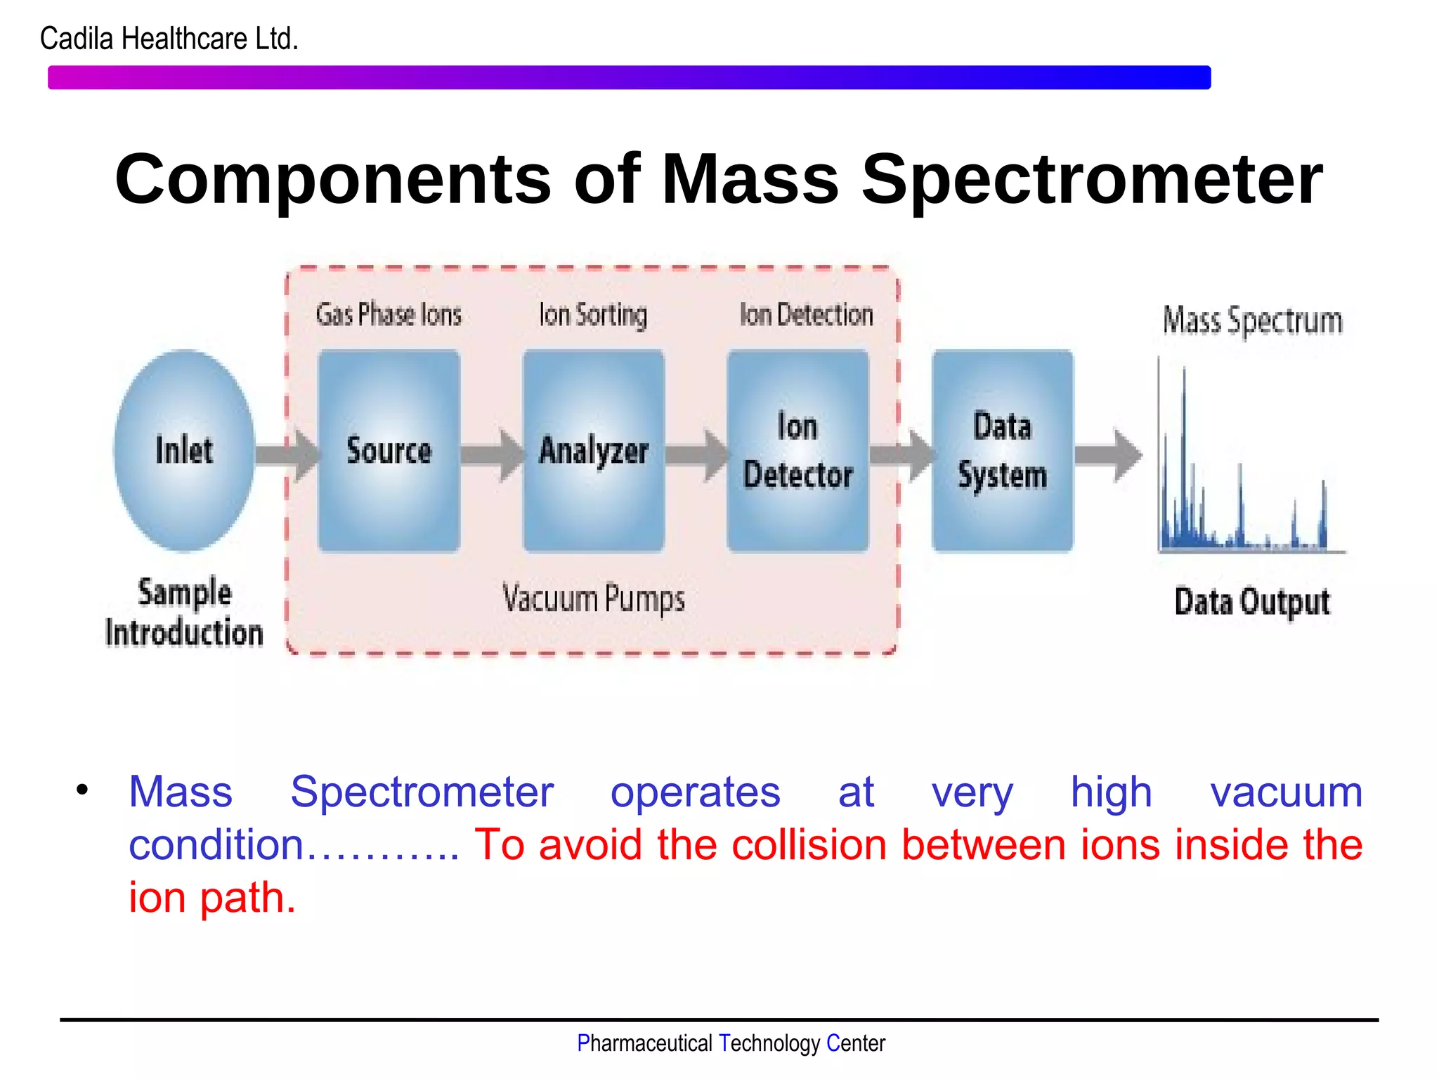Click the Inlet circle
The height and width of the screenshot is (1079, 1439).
(x=184, y=450)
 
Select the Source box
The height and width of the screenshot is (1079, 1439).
(x=389, y=450)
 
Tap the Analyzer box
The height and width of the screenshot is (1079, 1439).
(x=594, y=450)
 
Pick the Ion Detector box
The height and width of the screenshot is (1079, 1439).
(x=798, y=450)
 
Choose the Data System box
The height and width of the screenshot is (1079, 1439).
(x=1003, y=450)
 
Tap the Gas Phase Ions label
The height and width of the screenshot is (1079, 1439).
(x=389, y=314)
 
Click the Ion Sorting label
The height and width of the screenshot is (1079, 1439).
(x=593, y=315)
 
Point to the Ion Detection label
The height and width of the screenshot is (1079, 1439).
(x=807, y=314)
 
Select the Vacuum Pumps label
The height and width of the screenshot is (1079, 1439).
(x=594, y=599)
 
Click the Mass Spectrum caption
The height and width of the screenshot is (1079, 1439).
(x=1253, y=321)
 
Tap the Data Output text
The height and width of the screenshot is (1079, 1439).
(x=1252, y=602)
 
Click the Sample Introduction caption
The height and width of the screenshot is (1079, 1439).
(x=184, y=612)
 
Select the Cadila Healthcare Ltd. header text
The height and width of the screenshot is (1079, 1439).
(x=169, y=39)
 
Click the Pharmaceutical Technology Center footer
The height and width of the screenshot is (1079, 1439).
(x=731, y=1043)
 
